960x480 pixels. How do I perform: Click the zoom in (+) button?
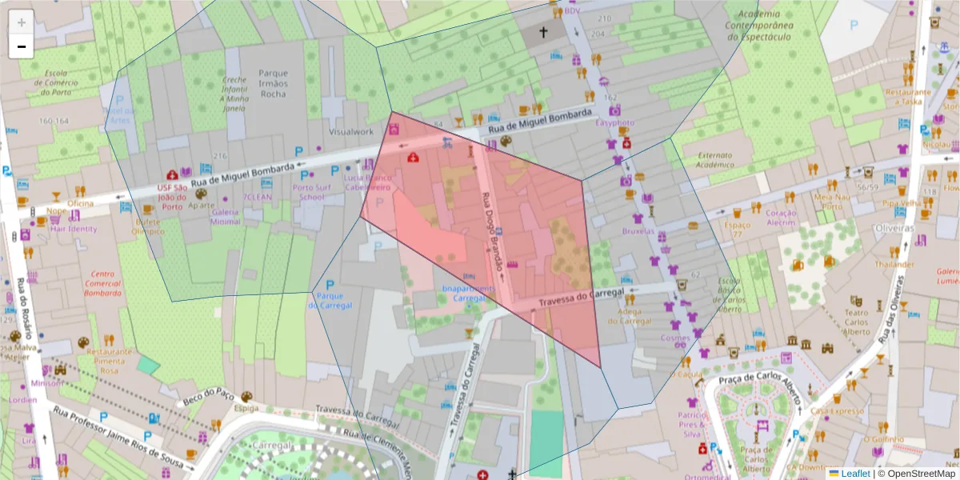pyautogui.click(x=22, y=22)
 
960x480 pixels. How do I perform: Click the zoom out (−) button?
pyautogui.click(x=22, y=46)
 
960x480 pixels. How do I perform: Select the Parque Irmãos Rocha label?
pyautogui.click(x=273, y=83)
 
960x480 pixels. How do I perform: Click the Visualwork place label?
pyautogui.click(x=351, y=132)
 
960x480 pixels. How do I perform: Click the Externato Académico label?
pyautogui.click(x=704, y=160)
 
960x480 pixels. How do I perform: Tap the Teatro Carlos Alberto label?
pyautogui.click(x=857, y=323)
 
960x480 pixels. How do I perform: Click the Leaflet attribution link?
pyautogui.click(x=854, y=474)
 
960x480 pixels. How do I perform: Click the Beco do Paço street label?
pyautogui.click(x=206, y=395)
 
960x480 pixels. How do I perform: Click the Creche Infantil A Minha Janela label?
pyautogui.click(x=235, y=94)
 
